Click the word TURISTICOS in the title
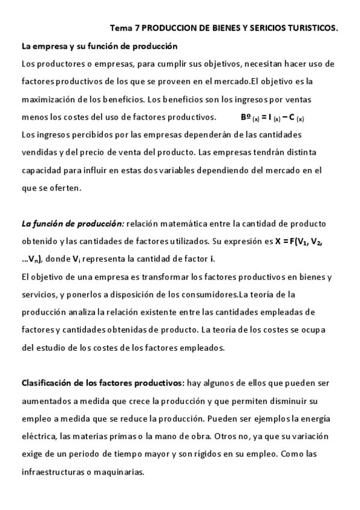(312, 28)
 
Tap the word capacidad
(41, 170)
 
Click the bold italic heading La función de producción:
(73, 224)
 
